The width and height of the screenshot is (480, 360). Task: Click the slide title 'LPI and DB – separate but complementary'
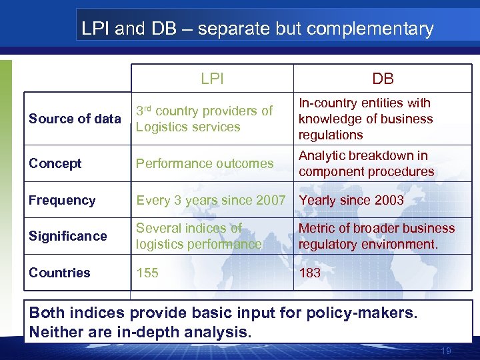coord(257,29)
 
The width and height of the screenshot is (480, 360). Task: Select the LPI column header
coord(212,79)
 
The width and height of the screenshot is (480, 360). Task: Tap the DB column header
coord(383,79)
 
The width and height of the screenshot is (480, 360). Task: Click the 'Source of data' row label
coord(75,119)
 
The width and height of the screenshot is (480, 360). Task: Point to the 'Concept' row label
coord(55,163)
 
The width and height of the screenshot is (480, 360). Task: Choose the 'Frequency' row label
coord(62,200)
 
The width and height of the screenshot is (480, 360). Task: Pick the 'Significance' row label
coord(67,236)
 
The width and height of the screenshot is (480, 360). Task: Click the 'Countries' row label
coord(59,273)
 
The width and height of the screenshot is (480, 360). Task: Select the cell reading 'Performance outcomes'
coord(205,163)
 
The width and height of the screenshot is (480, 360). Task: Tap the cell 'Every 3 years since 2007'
coord(211,200)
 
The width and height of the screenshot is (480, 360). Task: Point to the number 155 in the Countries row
coord(147,273)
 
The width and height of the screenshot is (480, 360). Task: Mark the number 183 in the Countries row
coord(309,273)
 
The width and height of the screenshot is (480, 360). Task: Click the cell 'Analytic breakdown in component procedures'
coord(366,163)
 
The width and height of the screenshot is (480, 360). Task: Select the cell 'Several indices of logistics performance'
coord(199,236)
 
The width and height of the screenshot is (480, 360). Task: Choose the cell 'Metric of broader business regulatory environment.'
coord(377,236)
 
